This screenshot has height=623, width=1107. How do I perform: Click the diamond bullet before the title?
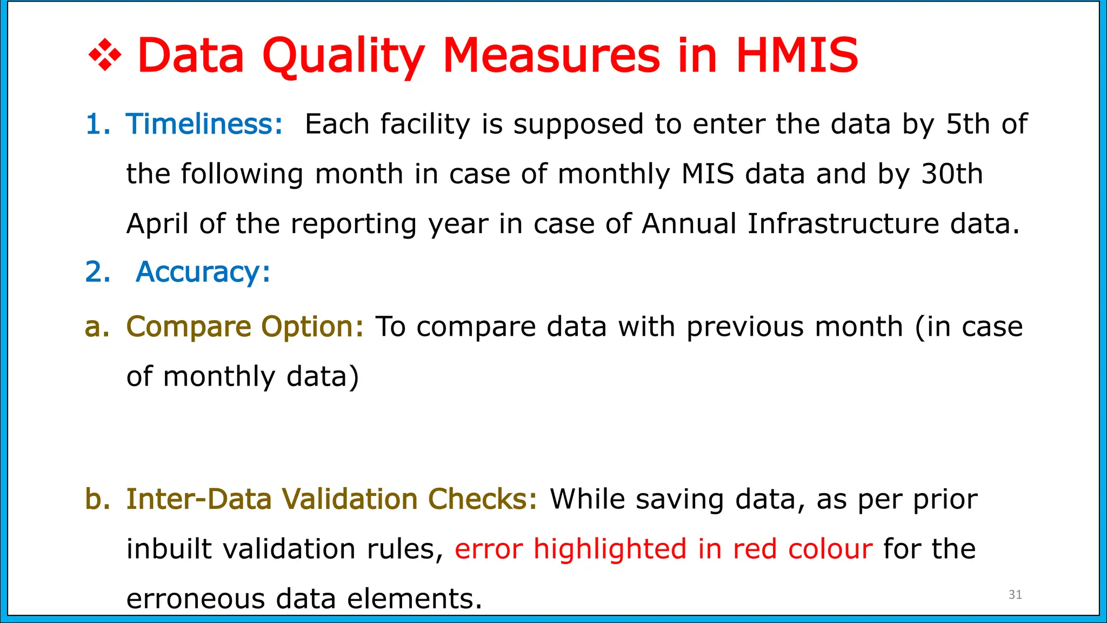point(105,56)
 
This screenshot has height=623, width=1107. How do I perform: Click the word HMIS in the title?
point(797,56)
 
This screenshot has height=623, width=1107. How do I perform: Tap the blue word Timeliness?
point(204,124)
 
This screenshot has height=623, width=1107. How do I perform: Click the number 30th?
point(952,174)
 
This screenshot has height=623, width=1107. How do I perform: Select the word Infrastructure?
point(843,223)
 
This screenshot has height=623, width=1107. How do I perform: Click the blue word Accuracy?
point(203,272)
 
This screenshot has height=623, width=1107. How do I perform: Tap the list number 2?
point(98,271)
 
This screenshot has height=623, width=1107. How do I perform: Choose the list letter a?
point(97,327)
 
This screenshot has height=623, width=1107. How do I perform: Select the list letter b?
point(97,499)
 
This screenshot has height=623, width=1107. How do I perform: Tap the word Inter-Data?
point(198,499)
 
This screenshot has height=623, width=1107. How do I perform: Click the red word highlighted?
point(610,549)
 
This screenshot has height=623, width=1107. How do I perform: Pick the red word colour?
point(830,549)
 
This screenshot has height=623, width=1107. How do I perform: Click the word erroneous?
point(195,599)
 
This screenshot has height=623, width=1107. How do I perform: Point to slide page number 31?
point(1015,595)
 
